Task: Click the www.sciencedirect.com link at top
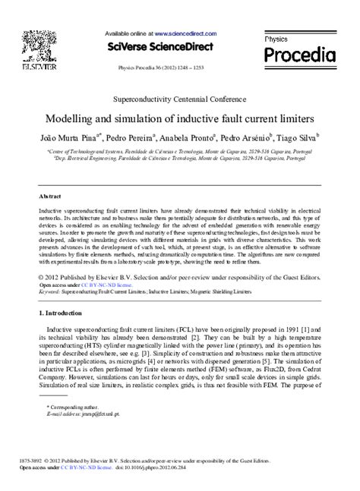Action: point(187,34)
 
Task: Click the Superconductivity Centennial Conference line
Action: point(179,99)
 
